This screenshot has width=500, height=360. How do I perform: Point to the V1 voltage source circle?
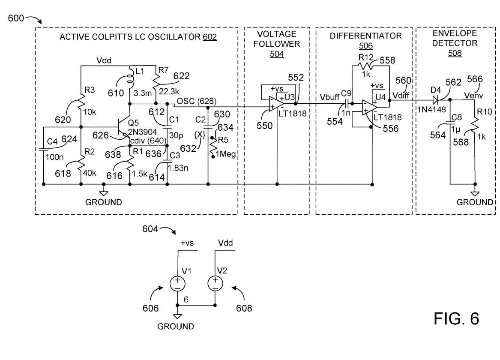[178, 283]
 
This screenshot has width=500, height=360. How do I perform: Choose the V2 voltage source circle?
[215, 283]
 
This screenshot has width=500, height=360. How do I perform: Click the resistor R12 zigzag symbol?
[366, 66]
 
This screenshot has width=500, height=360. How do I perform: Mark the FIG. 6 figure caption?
[456, 318]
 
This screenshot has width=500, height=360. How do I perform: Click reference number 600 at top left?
[16, 18]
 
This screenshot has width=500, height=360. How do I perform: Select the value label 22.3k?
[169, 92]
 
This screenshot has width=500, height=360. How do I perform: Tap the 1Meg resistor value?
[226, 154]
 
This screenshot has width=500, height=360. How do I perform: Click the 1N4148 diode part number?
[432, 110]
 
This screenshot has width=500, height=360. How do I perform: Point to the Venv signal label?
[473, 95]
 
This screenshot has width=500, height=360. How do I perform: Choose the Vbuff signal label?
[329, 97]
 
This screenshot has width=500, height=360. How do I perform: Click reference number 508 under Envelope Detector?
[455, 53]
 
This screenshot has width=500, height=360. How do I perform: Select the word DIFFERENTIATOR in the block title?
[366, 36]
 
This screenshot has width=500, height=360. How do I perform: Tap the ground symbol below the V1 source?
[177, 316]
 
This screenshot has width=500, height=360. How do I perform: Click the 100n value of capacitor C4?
[54, 157]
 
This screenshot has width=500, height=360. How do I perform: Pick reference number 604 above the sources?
[150, 229]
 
